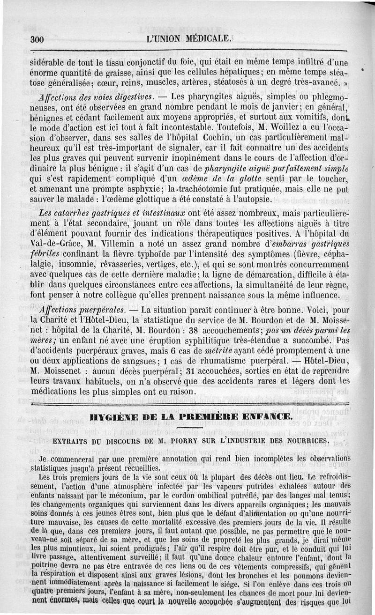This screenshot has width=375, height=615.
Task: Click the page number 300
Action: pos(37,40)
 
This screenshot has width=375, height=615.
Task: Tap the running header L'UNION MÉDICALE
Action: pos(189,39)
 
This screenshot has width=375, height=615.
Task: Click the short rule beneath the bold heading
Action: pos(190,428)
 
